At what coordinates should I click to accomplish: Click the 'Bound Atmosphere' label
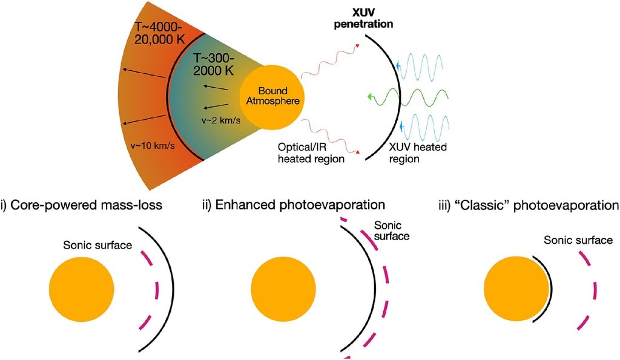point(273,96)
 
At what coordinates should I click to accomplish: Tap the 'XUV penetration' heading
point(363,19)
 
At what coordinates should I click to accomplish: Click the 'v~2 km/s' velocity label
point(220,120)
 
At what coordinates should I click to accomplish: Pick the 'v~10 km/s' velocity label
point(153,146)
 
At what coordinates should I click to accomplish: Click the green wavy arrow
point(407,97)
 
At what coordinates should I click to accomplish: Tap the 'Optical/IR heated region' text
point(311,153)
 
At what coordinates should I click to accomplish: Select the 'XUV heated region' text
point(418,153)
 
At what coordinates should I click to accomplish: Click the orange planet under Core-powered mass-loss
point(82,289)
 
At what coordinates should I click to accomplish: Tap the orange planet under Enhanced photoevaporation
point(283,289)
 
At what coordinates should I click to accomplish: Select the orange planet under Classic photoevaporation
point(516,289)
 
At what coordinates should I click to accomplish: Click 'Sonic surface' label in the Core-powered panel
point(97,246)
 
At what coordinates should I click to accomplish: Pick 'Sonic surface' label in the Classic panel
point(578,240)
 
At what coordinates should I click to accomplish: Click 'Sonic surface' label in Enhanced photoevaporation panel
point(392,231)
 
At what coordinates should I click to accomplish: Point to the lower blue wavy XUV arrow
point(423,126)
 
